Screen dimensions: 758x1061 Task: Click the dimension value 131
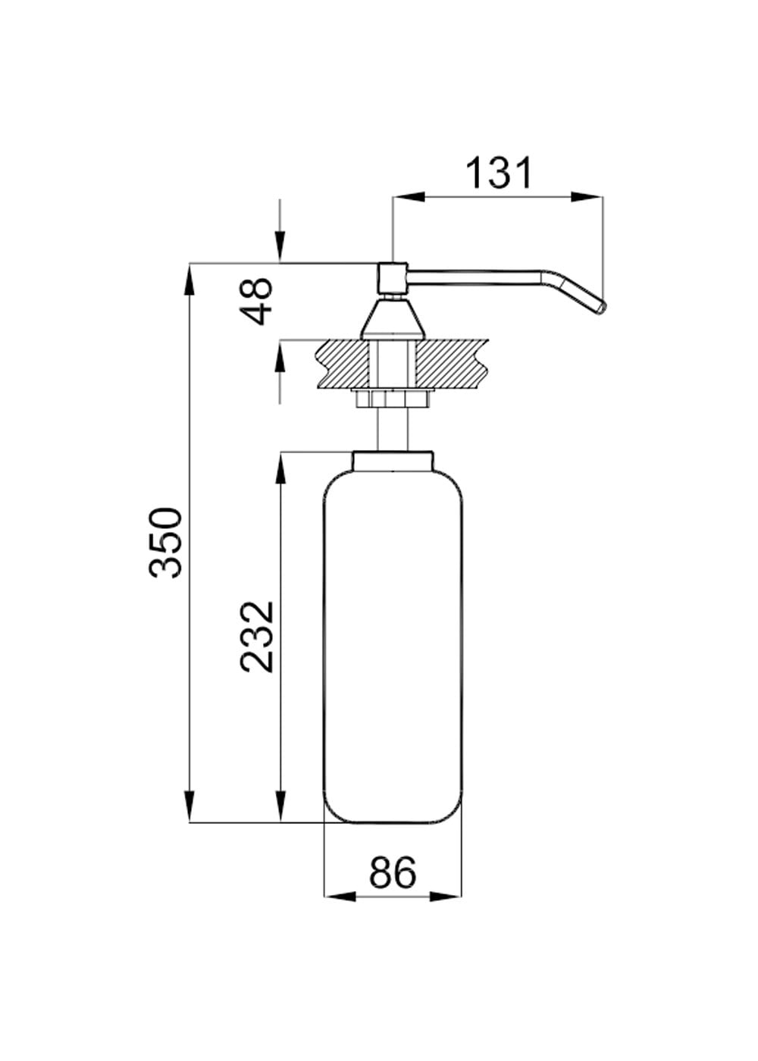click(x=499, y=174)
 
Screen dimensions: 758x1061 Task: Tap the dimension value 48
click(x=256, y=301)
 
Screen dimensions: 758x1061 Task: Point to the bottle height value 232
click(x=257, y=637)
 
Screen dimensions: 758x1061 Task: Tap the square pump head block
click(x=393, y=279)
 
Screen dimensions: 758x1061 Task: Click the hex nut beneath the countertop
click(x=393, y=399)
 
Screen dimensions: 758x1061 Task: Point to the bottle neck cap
click(x=393, y=461)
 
